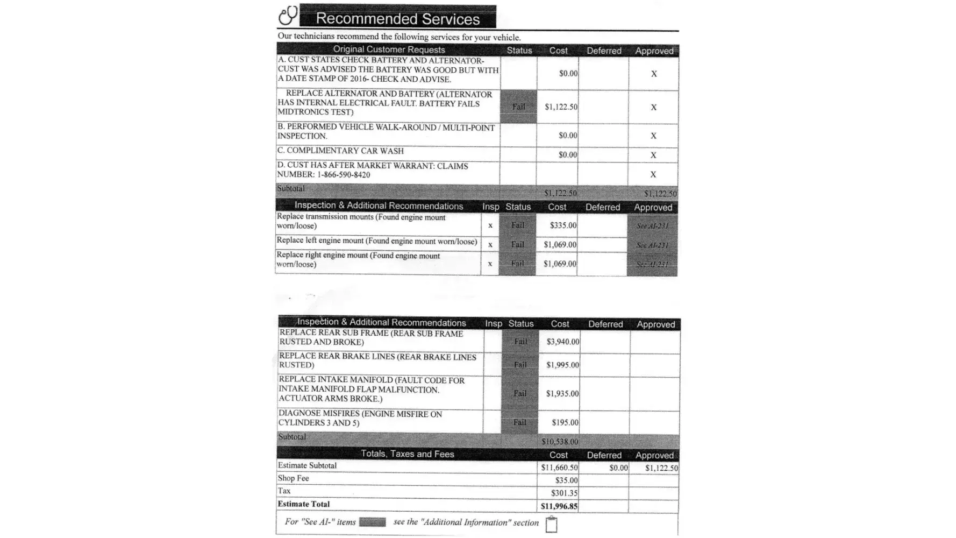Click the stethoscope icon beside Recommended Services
pos(288,15)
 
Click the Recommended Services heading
pos(397,18)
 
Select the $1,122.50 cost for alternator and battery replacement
pos(561,107)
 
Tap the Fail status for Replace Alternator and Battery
pos(518,107)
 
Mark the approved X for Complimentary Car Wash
pos(653,155)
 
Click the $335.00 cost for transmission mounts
pos(563,225)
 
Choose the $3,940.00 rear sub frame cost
pos(563,342)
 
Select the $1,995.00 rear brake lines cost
pos(562,365)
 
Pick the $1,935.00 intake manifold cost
pos(562,393)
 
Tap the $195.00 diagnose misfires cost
pos(565,422)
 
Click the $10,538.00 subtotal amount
pos(560,442)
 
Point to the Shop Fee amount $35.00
pos(566,480)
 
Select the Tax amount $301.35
pos(564,493)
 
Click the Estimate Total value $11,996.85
pos(559,506)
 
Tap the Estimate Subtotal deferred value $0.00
pos(618,468)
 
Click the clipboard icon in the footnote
pos(551,524)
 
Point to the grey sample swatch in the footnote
pos(372,522)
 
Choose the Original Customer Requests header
pos(389,50)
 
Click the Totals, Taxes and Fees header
pos(407,454)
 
